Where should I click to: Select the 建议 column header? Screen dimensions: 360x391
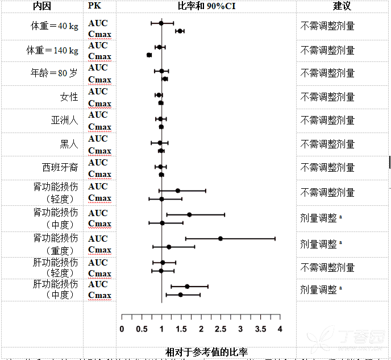point(342,6)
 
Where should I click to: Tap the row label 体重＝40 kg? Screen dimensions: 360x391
point(55,26)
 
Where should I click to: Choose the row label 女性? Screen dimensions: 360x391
point(69,97)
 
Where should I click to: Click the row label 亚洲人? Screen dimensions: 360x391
point(64,121)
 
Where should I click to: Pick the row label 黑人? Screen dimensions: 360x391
point(69,144)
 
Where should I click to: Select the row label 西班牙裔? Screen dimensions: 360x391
point(60,168)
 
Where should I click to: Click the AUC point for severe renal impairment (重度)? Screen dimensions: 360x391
point(221,238)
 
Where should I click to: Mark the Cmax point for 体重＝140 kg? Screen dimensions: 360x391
point(149,55)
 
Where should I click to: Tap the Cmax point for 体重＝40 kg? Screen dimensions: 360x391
point(180,31)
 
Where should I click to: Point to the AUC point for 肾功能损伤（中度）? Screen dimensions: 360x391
point(189,214)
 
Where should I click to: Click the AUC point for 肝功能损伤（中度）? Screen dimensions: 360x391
point(187,286)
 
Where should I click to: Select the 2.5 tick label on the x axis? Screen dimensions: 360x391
point(221,329)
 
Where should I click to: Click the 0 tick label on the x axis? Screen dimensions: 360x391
point(122,329)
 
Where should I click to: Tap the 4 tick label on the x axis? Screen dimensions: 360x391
point(280,329)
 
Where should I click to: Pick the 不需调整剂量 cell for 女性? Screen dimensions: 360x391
point(327,97)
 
